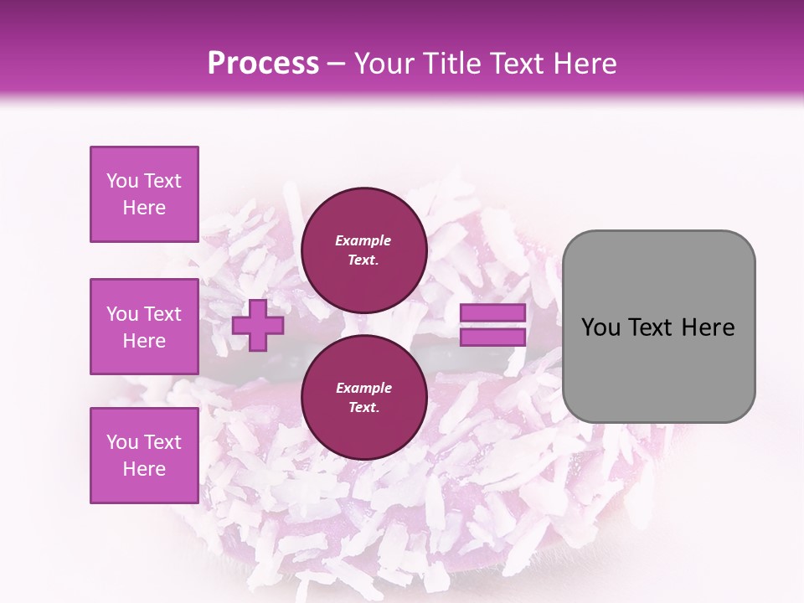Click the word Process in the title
263,64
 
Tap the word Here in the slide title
582,64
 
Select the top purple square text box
144,194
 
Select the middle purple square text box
144,327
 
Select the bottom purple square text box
144,456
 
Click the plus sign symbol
258,325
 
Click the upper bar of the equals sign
492,313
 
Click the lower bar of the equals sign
492,338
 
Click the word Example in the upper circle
363,240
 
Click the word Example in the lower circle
363,388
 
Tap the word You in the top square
122,181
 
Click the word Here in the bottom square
144,469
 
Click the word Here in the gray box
708,327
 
